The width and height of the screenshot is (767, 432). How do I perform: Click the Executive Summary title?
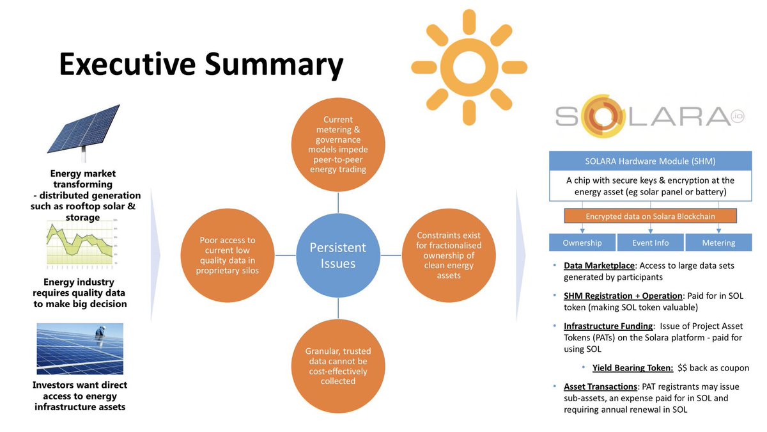pyautogui.click(x=201, y=65)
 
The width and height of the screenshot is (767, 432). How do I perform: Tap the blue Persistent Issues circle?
pyautogui.click(x=338, y=255)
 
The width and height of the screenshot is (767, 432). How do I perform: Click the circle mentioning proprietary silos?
pyautogui.click(x=228, y=255)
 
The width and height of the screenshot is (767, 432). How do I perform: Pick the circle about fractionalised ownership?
pyautogui.click(x=448, y=255)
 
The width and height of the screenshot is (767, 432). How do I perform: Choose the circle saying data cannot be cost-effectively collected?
pyautogui.click(x=338, y=366)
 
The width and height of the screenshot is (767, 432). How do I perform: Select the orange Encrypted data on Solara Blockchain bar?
pyautogui.click(x=651, y=216)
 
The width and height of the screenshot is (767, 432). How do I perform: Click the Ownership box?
pyautogui.click(x=582, y=243)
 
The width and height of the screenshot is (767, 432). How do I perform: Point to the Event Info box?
pyautogui.click(x=651, y=243)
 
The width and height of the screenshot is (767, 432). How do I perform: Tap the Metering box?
pyautogui.click(x=719, y=243)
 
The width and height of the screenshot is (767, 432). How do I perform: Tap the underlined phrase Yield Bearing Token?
pyautogui.click(x=633, y=368)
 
